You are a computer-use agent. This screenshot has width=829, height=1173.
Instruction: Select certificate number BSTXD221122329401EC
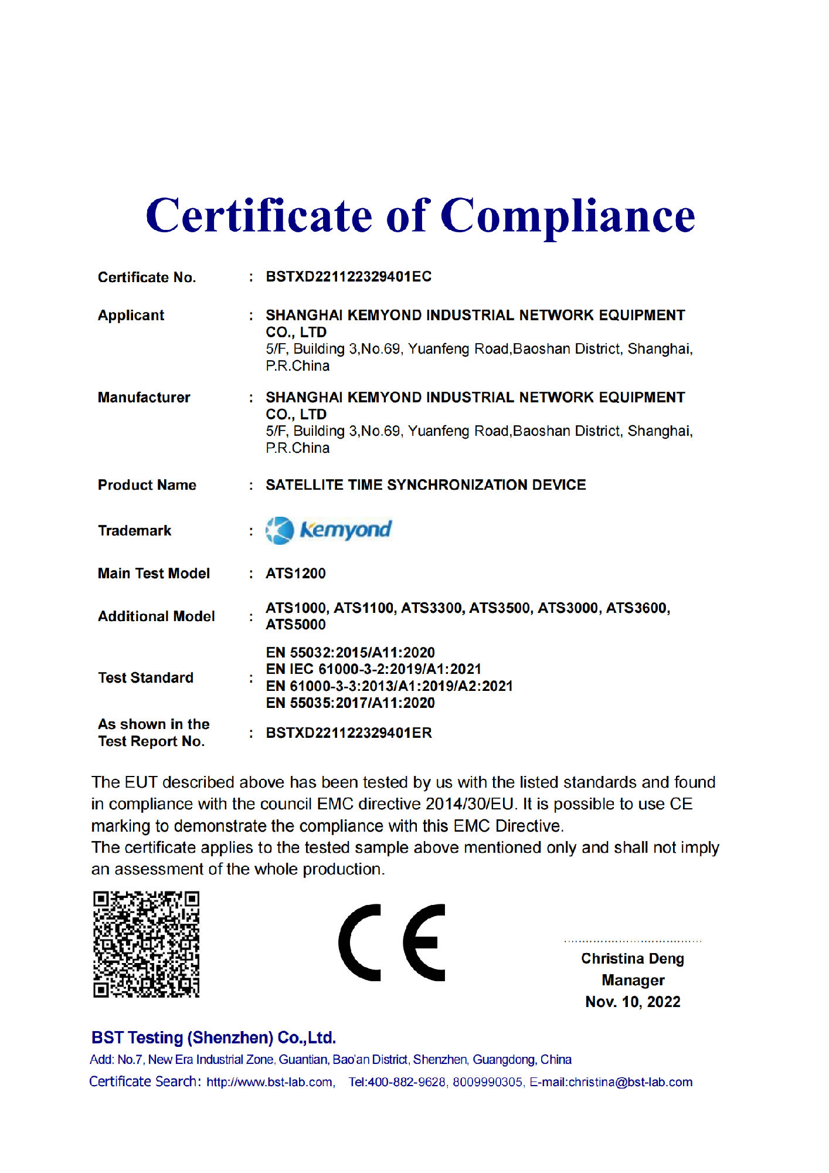click(x=348, y=277)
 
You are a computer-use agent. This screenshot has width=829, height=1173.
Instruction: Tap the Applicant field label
click(x=131, y=316)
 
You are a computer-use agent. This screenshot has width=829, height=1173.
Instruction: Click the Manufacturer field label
click(x=144, y=398)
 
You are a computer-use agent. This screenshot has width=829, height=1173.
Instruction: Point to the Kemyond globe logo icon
click(x=280, y=531)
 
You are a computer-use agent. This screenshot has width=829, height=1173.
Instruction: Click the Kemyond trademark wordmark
click(x=345, y=530)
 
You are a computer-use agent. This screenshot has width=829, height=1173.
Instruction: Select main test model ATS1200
click(x=295, y=574)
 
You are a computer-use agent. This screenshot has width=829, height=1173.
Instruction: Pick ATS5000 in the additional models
click(x=295, y=625)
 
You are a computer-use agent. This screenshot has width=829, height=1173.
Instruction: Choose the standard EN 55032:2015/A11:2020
click(x=350, y=653)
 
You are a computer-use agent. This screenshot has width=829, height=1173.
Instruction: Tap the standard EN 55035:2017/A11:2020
click(x=350, y=703)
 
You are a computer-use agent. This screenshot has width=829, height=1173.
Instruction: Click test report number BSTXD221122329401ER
click(x=349, y=733)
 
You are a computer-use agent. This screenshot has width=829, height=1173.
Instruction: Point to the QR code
click(x=146, y=944)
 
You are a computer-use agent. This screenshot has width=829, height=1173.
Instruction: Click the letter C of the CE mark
click(x=360, y=943)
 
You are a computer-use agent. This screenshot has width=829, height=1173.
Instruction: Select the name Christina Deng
click(x=633, y=959)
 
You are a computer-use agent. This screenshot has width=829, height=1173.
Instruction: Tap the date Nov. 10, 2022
click(x=633, y=1002)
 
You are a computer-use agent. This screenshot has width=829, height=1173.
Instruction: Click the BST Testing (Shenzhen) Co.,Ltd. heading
click(x=213, y=1038)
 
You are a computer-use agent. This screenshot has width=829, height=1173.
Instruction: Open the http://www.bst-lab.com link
click(x=270, y=1082)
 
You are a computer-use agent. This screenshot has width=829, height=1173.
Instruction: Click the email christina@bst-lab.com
click(x=630, y=1082)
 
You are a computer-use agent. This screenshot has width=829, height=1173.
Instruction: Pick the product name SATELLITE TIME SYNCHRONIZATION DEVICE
click(x=426, y=485)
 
